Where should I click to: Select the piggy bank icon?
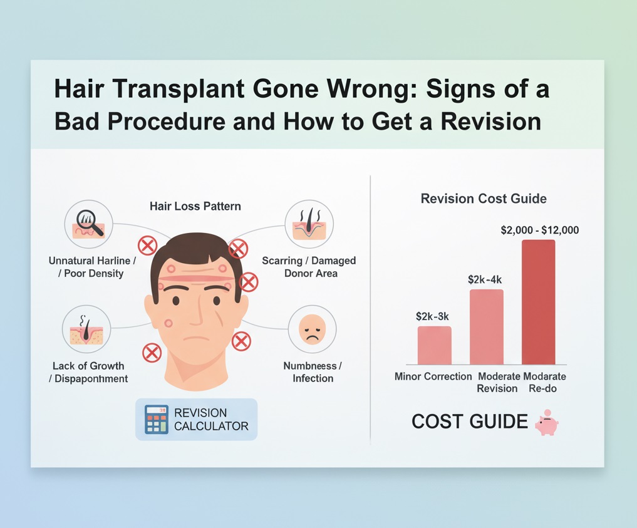546,423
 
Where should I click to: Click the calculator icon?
157,419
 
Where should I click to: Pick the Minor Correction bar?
434,345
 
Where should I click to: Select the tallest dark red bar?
538,302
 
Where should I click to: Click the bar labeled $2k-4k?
486,326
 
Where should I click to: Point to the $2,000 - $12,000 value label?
539,230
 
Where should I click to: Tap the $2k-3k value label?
433,316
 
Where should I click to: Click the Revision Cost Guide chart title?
483,199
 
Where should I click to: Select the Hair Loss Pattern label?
195,206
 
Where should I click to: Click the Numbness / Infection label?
313,372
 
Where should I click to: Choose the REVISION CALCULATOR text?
211,420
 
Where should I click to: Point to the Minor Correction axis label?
433,376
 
